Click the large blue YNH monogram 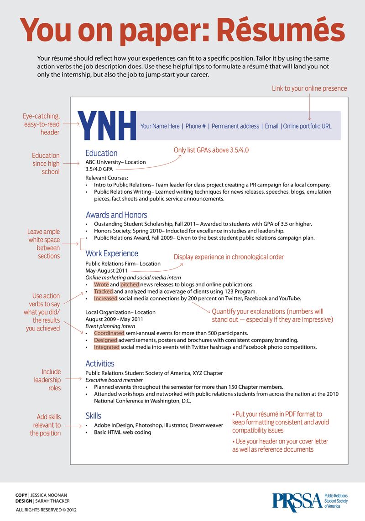(x=107, y=125)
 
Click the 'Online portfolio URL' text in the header (x=307, y=126)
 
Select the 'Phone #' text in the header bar (x=195, y=126)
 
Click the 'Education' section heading (x=101, y=153)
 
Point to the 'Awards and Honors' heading (x=116, y=215)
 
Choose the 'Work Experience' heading (x=112, y=253)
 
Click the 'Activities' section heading (x=100, y=363)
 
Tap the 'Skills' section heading (x=93, y=416)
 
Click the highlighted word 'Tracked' (x=103, y=292)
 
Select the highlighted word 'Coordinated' (x=109, y=333)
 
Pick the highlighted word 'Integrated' (x=107, y=347)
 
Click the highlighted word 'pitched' (x=130, y=284)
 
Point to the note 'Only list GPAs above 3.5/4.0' (x=211, y=150)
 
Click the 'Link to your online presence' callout (x=309, y=88)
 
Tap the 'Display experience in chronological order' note (x=229, y=257)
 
